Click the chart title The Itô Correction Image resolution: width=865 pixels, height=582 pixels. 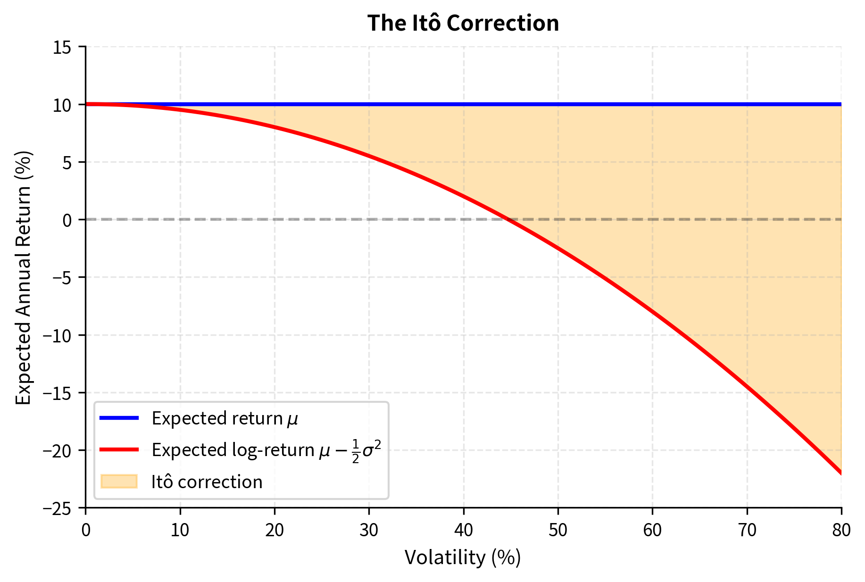pos(463,23)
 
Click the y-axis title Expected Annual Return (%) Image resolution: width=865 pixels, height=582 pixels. pos(24,277)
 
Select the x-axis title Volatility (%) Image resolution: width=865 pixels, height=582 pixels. pos(463,557)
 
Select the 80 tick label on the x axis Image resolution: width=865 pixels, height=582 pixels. pos(841,531)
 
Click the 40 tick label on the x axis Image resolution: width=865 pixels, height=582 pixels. pos(463,531)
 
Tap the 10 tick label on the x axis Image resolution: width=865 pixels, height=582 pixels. pos(180,531)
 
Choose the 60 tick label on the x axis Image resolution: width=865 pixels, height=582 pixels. pos(652,531)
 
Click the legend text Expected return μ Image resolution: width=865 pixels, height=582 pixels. pos(225,418)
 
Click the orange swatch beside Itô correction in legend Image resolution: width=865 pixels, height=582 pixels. pos(119,482)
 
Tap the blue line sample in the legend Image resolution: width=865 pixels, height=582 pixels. pos(119,418)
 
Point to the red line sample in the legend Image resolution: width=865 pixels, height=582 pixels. pos(119,450)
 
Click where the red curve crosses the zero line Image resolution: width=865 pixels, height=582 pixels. pos(508,219)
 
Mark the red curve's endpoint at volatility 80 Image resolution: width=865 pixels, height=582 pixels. pos(840,473)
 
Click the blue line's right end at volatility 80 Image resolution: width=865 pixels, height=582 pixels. pos(840,104)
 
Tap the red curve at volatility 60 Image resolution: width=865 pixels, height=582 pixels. pos(652,312)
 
